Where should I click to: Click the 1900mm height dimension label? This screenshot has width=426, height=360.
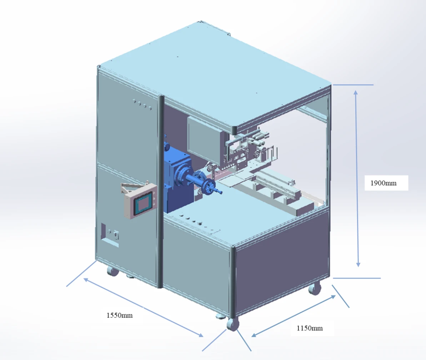click(x=384, y=183)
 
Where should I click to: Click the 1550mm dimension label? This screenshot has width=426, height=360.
click(x=120, y=315)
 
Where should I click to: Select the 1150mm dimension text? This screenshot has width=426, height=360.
click(x=310, y=328)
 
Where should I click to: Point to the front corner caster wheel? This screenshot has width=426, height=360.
click(x=233, y=324)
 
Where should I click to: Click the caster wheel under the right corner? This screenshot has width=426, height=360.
click(x=315, y=289)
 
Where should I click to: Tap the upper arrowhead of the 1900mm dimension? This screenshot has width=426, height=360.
click(x=355, y=93)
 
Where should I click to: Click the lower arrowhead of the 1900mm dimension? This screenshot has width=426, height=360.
click(x=358, y=264)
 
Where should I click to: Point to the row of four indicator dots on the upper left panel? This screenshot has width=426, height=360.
click(x=142, y=105)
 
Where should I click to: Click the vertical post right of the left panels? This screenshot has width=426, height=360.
click(x=160, y=191)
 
